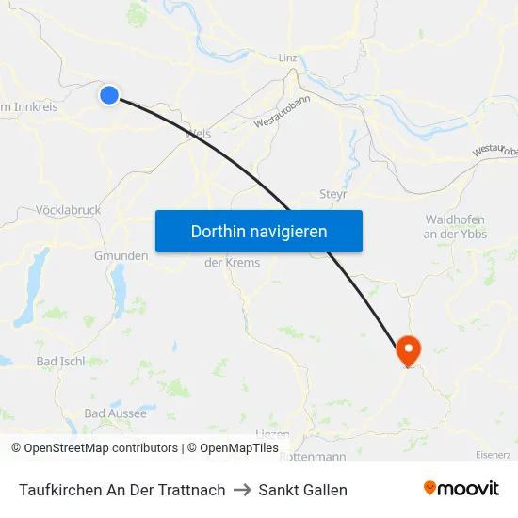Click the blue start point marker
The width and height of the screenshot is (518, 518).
tap(109, 94)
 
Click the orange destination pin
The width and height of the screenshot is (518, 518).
tap(409, 350)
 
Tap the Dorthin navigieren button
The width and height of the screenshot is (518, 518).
tap(259, 231)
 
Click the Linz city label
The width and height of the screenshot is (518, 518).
tap(288, 57)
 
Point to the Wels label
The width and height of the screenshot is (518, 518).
tap(199, 134)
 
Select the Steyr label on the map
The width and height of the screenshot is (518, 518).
tap(334, 193)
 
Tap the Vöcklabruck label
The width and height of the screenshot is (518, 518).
tap(67, 210)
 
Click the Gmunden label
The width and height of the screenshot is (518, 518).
tap(121, 255)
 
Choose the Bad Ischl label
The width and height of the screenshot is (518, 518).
tap(60, 361)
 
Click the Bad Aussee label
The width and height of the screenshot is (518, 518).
tap(115, 413)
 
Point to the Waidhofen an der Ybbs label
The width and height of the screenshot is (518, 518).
tap(455, 226)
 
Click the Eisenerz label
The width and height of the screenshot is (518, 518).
tap(494, 455)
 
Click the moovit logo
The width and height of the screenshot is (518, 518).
tap(461, 489)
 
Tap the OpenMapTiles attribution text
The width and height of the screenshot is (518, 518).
tap(239, 448)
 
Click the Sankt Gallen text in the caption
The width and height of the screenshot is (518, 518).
tap(303, 490)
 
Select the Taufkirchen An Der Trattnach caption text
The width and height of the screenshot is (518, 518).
tap(122, 490)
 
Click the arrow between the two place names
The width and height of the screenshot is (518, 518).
tap(242, 490)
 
